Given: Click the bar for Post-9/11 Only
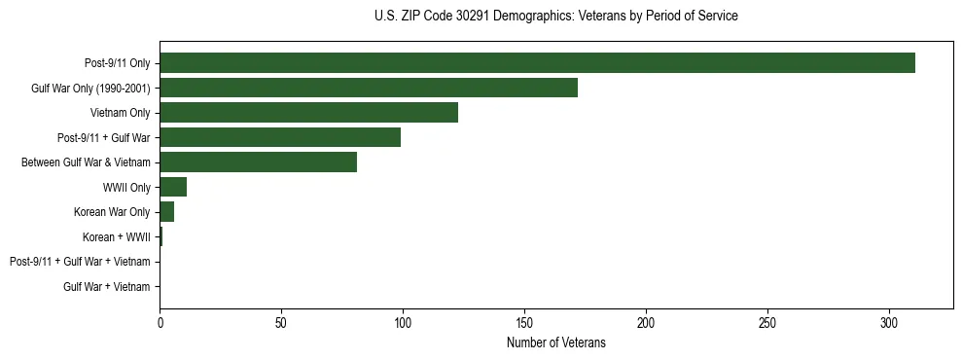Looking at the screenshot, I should coord(537,63).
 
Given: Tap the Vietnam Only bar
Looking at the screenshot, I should coord(308,113).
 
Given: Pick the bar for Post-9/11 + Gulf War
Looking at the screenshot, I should coord(280,137).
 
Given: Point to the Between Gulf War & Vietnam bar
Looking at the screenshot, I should coord(258,162).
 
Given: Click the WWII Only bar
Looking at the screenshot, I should coord(173,187).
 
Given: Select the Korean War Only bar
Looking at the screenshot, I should coord(166,212).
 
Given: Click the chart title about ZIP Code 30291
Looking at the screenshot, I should coord(555,17).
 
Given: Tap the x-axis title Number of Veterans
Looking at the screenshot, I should coord(555,342).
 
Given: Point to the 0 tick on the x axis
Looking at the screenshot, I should coord(160,322).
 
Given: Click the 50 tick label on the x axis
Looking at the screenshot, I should coord(281,322).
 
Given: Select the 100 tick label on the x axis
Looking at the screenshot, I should coord(403,322).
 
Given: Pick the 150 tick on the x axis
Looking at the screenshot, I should coord(524,322).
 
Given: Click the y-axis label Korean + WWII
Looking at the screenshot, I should coord(117,237).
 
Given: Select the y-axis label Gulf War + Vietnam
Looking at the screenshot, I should coord(106,287).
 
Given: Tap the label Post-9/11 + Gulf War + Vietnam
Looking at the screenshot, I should coord(80,262).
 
